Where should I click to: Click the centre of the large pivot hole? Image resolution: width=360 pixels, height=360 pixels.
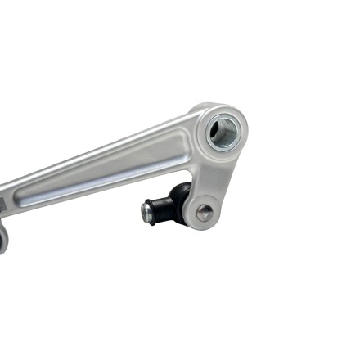click(223, 133)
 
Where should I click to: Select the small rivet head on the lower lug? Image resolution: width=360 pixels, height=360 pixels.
click(205, 213)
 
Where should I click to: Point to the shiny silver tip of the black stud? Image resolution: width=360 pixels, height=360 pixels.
click(146, 212)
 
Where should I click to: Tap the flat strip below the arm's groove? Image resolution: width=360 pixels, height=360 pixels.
click(98, 190)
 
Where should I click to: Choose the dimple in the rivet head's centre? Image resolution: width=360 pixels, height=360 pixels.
click(205, 213)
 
